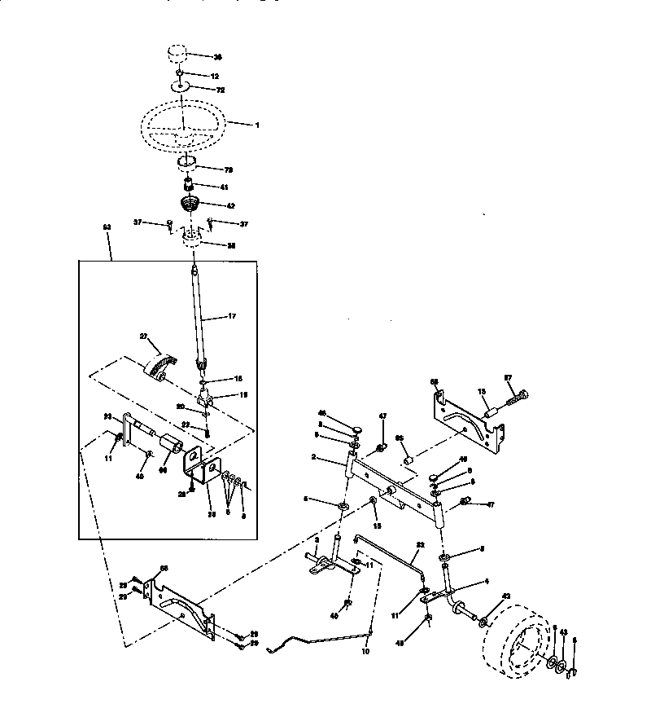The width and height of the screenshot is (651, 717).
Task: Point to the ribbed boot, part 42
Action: pos(189,204)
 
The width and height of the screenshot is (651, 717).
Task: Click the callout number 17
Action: pos(232,316)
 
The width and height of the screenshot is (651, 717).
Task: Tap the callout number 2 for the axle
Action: pos(335,459)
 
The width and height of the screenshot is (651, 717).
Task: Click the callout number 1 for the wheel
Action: pos(257,125)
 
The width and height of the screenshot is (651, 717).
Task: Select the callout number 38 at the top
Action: pos(217,58)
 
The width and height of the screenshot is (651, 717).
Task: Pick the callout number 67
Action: pos(509,377)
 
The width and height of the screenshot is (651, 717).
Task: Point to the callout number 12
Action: pos(215,76)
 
